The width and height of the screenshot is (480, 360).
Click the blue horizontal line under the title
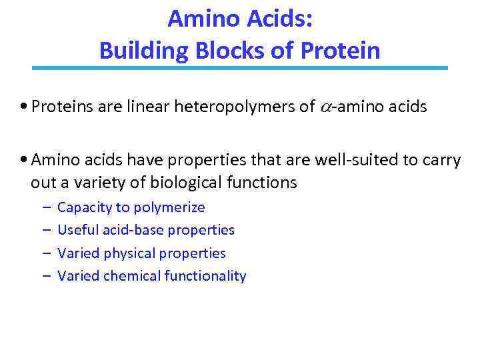click(240, 67)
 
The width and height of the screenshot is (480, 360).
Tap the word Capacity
click(85, 207)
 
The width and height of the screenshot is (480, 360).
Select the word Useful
click(77, 230)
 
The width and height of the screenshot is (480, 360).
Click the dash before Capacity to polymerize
click(45, 207)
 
